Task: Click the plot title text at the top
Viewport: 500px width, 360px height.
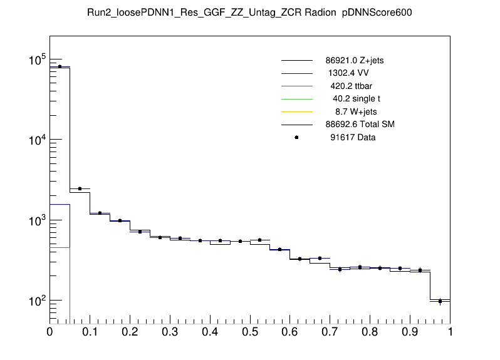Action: point(249,13)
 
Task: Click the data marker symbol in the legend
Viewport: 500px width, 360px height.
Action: point(296,137)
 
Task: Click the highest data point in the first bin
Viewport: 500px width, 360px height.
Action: point(60,66)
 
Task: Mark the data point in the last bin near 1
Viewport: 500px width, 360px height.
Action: point(440,301)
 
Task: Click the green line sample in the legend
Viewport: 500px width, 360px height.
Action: point(296,99)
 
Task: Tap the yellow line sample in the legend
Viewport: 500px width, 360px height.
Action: point(296,111)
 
